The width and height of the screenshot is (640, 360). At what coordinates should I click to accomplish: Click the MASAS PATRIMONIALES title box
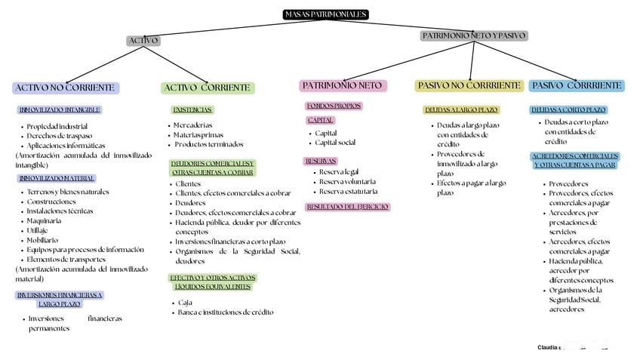pyautogui.click(x=326, y=14)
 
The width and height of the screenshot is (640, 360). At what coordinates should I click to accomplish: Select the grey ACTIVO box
pyautogui.click(x=143, y=41)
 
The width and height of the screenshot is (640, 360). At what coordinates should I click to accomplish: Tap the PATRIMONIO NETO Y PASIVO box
pyautogui.click(x=474, y=35)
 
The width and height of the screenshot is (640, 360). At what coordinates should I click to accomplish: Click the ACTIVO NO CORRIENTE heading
pyautogui.click(x=65, y=88)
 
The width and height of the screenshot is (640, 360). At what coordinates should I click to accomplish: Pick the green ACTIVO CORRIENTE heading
pyautogui.click(x=208, y=88)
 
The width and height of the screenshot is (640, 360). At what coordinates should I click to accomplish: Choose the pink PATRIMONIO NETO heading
pyautogui.click(x=343, y=85)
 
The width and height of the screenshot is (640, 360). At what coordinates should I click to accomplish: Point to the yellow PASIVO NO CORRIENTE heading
pyautogui.click(x=469, y=85)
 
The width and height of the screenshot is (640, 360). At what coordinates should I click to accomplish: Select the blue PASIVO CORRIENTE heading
pyautogui.click(x=577, y=85)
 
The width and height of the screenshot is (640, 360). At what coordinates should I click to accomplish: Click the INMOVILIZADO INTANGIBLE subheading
pyautogui.click(x=59, y=110)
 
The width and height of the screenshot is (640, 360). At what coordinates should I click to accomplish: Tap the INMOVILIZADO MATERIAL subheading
pyautogui.click(x=57, y=178)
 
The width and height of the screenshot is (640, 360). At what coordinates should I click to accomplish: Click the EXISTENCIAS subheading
pyautogui.click(x=192, y=110)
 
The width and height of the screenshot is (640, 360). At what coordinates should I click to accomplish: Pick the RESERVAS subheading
pyautogui.click(x=321, y=161)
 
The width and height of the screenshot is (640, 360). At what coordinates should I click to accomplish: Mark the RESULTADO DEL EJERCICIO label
pyautogui.click(x=347, y=207)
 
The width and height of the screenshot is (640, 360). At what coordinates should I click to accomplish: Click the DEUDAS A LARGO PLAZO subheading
pyautogui.click(x=461, y=110)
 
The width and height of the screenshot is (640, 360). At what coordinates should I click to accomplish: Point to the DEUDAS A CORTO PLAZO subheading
pyautogui.click(x=568, y=110)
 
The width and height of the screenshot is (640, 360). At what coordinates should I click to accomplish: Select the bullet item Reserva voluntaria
pyautogui.click(x=347, y=182)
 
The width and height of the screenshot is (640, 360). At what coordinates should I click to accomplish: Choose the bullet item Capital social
pyautogui.click(x=335, y=143)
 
